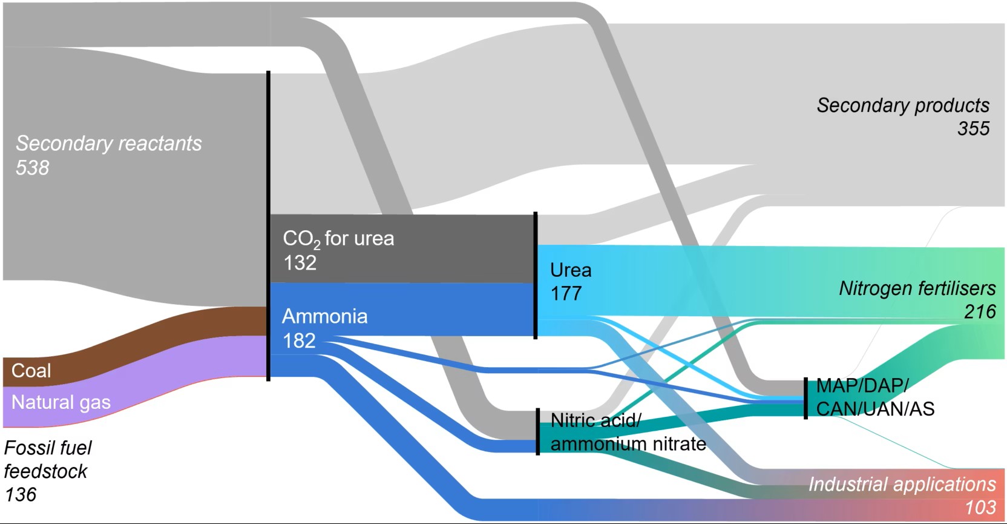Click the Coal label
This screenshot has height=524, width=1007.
[31, 371]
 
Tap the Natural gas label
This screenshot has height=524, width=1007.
[61, 402]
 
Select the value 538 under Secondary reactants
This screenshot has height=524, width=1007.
[32, 168]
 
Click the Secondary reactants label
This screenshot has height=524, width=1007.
[108, 144]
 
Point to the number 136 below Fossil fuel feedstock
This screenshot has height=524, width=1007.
[21, 495]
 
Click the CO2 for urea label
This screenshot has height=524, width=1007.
[338, 239]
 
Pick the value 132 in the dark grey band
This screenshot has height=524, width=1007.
[300, 263]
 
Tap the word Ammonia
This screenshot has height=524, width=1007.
[324, 316]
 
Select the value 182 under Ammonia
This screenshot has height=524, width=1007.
[299, 340]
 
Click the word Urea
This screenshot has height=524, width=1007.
[571, 270]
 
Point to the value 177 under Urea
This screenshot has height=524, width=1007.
[566, 294]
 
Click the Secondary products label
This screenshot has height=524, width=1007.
[903, 105]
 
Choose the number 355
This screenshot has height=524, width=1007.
[973, 128]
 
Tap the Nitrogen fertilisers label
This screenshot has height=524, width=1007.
[917, 288]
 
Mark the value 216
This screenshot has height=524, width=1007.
[980, 312]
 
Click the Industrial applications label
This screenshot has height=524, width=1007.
[902, 484]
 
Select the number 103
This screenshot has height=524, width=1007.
[980, 507]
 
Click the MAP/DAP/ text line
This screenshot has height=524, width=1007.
[862, 385]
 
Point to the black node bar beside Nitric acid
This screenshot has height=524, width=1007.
[537, 431]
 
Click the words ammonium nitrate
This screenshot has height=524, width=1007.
[628, 444]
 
